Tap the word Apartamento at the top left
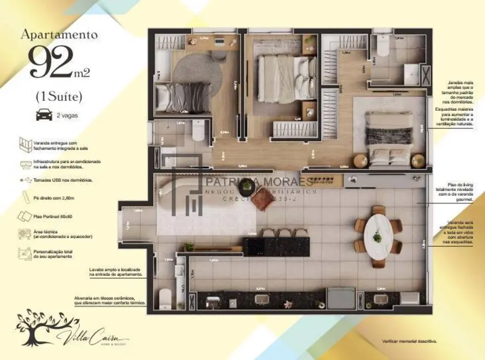tap(59, 34)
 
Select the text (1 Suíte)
tap(59, 96)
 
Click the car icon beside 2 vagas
tap(44, 115)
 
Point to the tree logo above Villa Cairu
tap(40, 326)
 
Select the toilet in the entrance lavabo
tap(166, 299)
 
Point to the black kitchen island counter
tap(276, 246)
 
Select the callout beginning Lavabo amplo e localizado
tap(116, 271)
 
